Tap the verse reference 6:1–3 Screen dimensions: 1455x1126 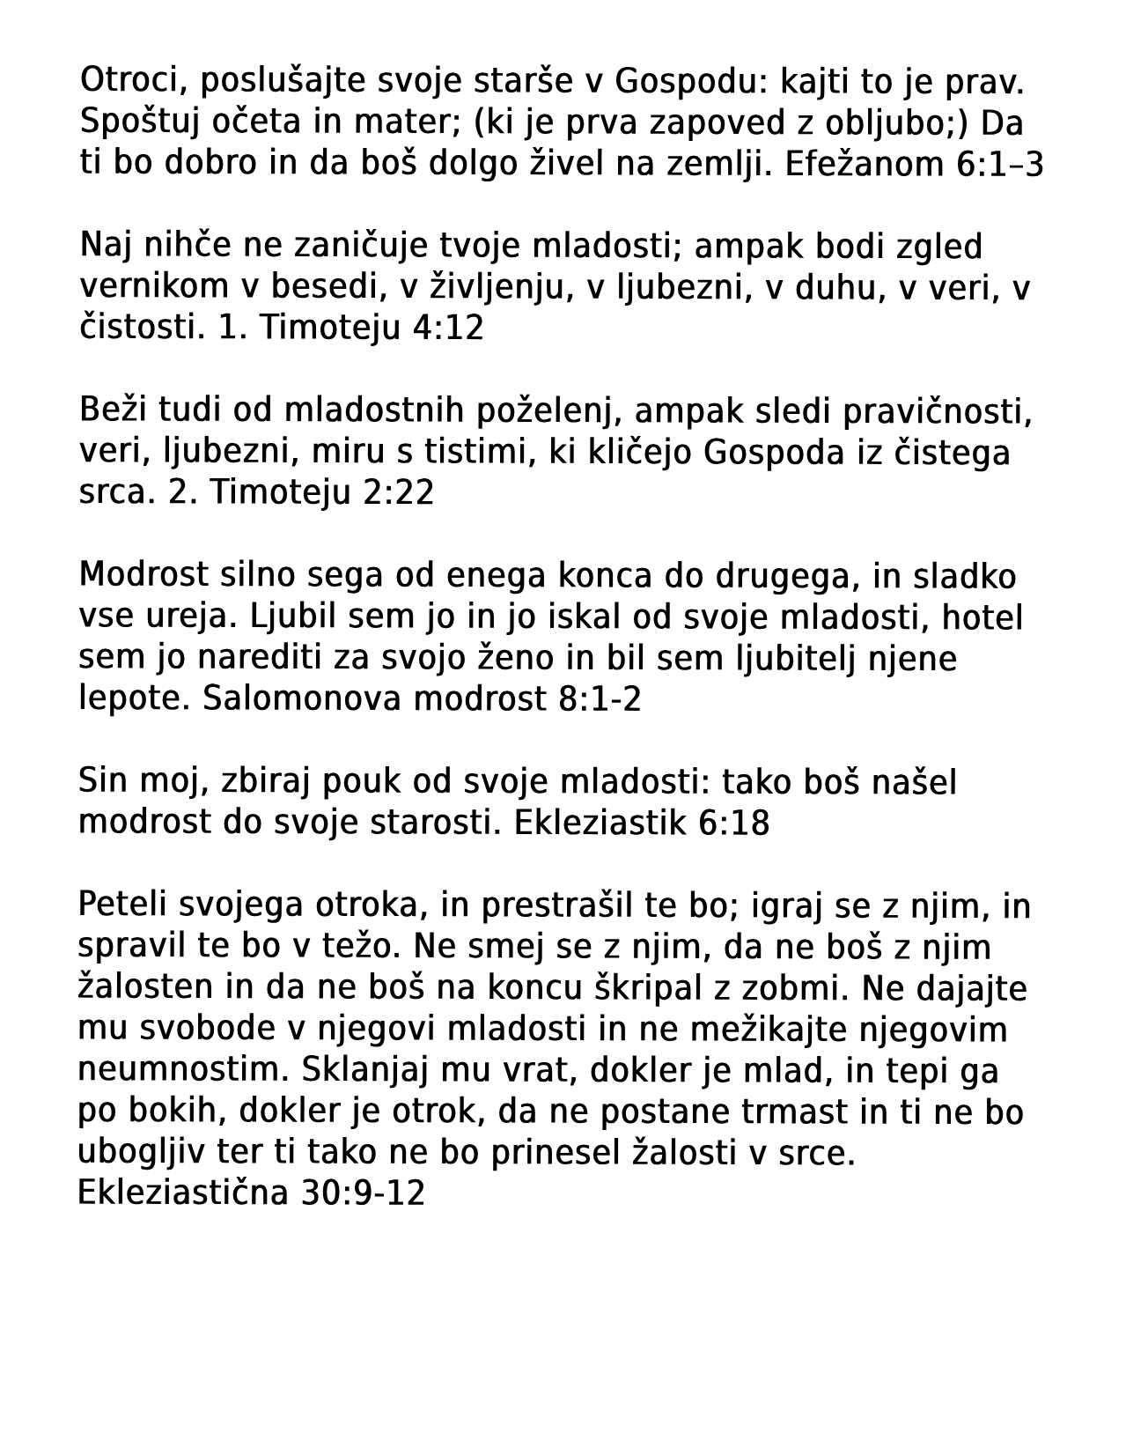click(999, 165)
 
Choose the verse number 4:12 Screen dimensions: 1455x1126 click(448, 328)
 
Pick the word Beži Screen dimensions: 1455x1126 click(108, 410)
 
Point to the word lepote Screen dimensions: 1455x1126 click(132, 699)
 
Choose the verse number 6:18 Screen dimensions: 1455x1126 click(733, 823)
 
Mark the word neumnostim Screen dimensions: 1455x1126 click(183, 1070)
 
